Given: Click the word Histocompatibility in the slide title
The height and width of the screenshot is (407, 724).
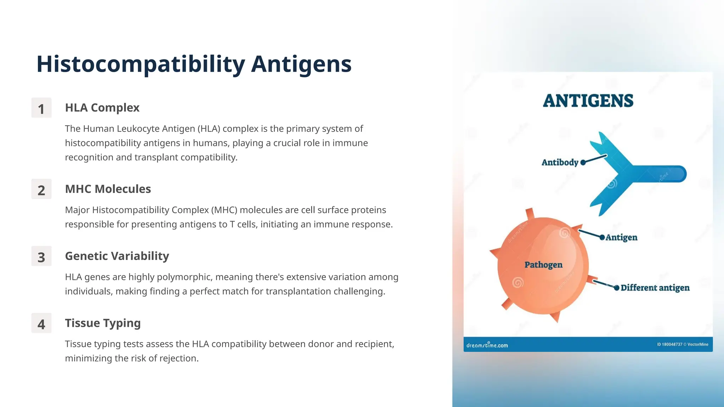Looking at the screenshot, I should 141,64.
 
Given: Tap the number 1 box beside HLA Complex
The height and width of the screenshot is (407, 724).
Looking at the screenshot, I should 41,108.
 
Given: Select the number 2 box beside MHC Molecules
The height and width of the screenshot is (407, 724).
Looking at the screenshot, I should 41,189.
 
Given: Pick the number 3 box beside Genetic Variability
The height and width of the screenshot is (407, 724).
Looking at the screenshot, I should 41,256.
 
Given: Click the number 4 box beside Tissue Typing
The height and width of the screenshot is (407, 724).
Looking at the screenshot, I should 41,324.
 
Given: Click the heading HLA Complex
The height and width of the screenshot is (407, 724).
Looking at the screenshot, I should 102,108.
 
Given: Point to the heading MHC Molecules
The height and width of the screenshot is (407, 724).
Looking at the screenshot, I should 108,189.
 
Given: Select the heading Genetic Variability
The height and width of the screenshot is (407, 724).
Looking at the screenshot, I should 117,256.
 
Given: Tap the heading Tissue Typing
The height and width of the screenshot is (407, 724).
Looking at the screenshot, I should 103,323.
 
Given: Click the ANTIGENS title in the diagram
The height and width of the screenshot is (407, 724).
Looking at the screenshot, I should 588,101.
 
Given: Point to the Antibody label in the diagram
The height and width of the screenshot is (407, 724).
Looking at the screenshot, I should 560,163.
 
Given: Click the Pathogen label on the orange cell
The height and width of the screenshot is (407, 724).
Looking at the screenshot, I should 543,265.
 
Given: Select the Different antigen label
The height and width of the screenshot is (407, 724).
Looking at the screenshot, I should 655,288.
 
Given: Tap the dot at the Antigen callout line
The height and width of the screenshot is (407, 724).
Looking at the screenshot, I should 602,237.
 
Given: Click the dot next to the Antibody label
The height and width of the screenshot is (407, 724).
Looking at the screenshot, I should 583,163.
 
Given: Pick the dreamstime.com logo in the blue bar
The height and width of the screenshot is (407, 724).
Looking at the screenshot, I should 487,345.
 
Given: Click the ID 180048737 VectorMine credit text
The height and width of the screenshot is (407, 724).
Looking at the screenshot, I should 682,344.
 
